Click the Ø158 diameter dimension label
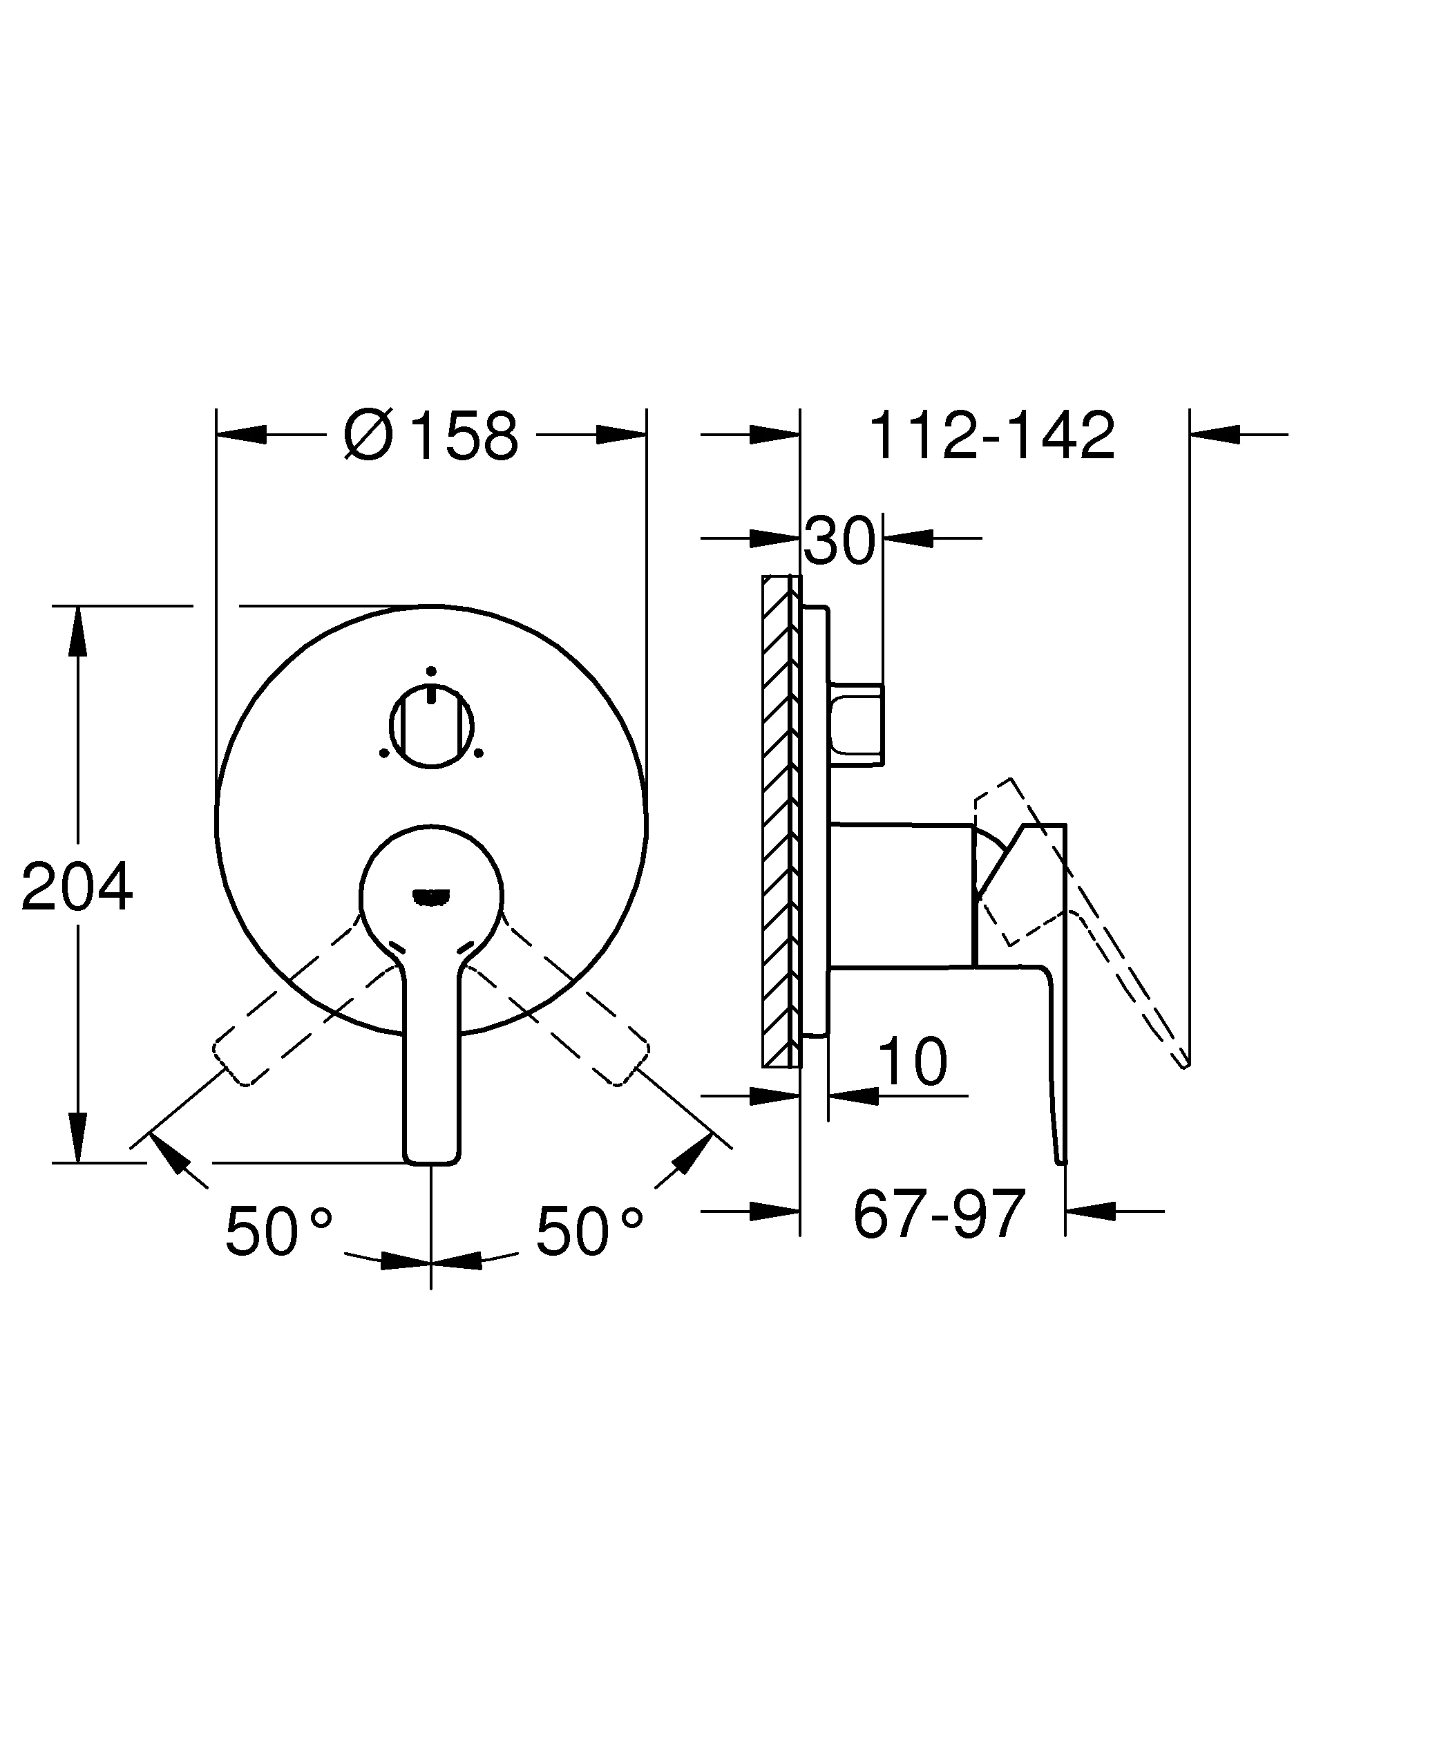pyautogui.click(x=431, y=435)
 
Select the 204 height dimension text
pyautogui.click(x=77, y=887)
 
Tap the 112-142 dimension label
pyautogui.click(x=991, y=435)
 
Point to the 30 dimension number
pyautogui.click(x=839, y=541)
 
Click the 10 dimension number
pyautogui.click(x=912, y=1062)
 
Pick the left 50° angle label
pyautogui.click(x=279, y=1231)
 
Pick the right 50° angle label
pyautogui.click(x=589, y=1231)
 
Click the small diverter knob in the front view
pyautogui.click(x=431, y=726)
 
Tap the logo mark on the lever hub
pyautogui.click(x=431, y=896)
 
